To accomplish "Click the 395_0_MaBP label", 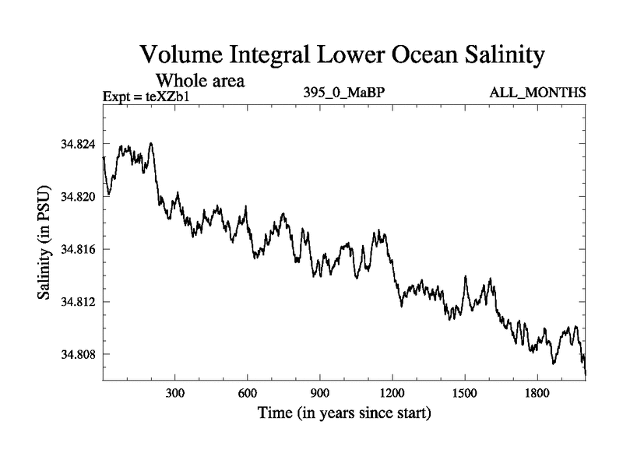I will coord(345,93).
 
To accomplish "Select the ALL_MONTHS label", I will coord(537,93).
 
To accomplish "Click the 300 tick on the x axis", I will coord(175,394).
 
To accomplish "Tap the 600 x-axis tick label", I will coord(248,394).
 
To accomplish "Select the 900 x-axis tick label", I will coord(320,394).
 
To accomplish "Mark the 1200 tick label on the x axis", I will coord(392,394).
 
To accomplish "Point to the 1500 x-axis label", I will coord(464,394).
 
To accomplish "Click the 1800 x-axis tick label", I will coord(537,394).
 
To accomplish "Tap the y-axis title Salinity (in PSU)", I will coord(44,248).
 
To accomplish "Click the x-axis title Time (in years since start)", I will coord(344,413).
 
